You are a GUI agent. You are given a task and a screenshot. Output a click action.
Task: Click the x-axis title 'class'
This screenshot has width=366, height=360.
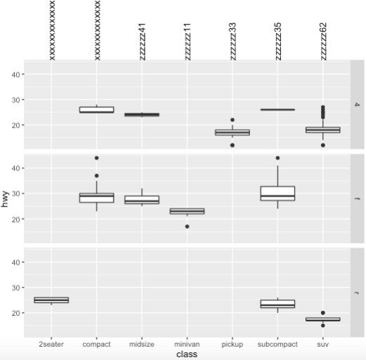(x=187, y=354)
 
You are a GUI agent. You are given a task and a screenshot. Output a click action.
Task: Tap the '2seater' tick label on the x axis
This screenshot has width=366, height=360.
(x=51, y=345)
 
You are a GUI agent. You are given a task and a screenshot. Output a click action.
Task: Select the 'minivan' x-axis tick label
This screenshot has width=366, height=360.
(x=187, y=345)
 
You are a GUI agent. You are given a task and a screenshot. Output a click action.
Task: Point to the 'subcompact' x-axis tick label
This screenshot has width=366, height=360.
(x=277, y=345)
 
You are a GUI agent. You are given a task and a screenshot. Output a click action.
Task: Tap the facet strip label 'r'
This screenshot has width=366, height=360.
(x=358, y=293)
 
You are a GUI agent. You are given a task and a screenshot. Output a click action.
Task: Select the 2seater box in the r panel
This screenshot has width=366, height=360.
(x=51, y=300)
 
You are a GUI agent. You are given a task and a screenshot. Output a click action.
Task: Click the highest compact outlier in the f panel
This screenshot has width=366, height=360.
(x=97, y=158)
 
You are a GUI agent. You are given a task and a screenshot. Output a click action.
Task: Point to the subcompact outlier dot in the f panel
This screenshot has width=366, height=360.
(x=277, y=158)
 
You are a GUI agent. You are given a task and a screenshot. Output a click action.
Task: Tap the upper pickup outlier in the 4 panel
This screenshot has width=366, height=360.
(x=233, y=120)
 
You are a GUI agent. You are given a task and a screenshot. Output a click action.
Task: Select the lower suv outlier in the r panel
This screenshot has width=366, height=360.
(x=322, y=326)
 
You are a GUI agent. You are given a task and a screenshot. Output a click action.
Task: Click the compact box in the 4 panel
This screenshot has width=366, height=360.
(x=97, y=109)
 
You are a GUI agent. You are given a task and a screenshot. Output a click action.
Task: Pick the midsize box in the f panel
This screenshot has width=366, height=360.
(x=142, y=200)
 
